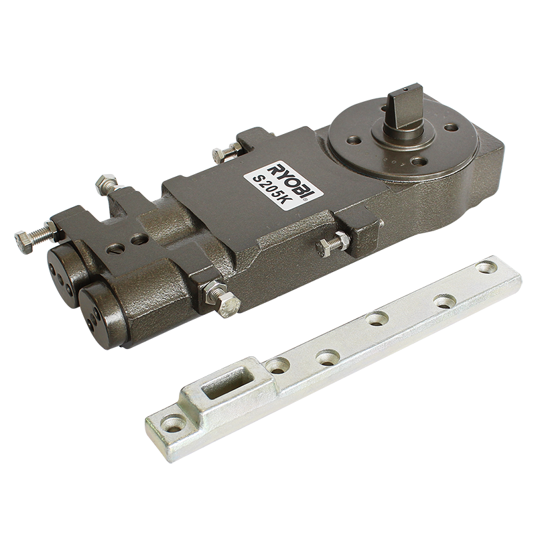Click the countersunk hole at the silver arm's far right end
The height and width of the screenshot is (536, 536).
point(487,267)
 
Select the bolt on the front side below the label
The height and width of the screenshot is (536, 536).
point(333,243)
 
